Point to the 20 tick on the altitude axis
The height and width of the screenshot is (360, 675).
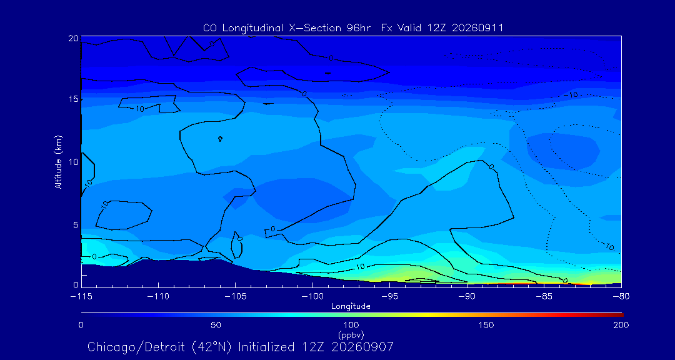(73, 38)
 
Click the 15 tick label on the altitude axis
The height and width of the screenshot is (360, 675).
(74, 99)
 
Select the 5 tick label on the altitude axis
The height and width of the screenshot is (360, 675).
(76, 225)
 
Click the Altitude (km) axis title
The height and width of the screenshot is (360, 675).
(59, 162)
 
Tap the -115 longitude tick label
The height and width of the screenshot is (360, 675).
(81, 297)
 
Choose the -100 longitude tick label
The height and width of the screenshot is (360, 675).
(312, 297)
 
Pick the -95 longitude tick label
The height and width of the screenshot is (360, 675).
(389, 297)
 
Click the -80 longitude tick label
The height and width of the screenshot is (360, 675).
(621, 297)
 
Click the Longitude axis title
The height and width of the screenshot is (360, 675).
(351, 307)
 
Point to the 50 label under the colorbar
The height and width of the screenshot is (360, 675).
(216, 325)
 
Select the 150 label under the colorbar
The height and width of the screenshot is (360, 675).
(486, 325)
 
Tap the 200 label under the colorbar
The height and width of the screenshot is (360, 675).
(622, 325)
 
